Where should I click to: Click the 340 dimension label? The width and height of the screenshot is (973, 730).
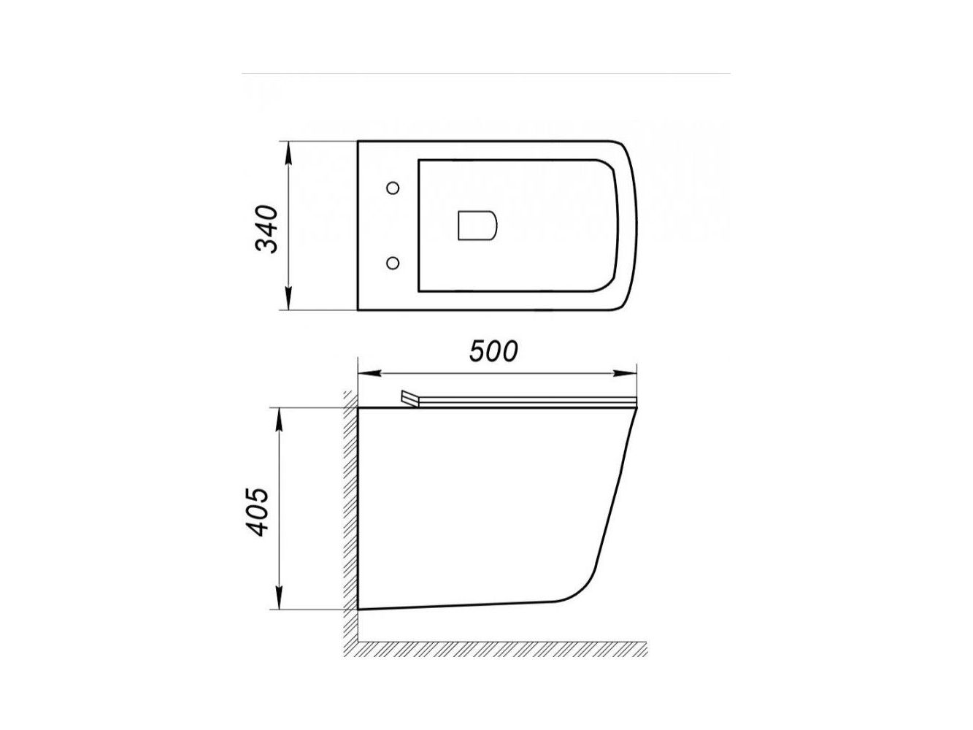(266, 228)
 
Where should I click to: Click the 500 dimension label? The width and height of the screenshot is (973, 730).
(493, 351)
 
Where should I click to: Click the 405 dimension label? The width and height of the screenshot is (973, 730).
(257, 512)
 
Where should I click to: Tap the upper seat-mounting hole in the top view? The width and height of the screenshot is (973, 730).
(393, 188)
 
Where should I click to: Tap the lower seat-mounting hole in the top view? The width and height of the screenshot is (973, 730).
(392, 263)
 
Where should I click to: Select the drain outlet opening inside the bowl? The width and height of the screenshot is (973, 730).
(477, 226)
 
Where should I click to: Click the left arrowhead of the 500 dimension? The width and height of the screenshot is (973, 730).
(369, 373)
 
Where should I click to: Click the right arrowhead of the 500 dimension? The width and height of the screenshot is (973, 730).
(625, 373)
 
